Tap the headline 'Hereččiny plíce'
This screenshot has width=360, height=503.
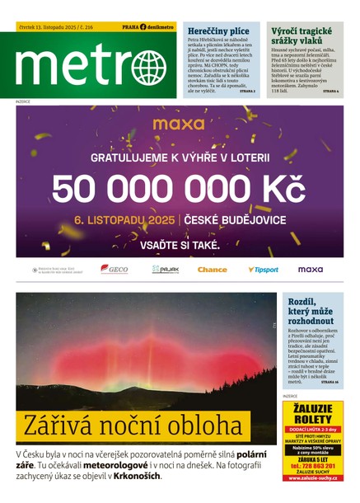[x=215, y=30]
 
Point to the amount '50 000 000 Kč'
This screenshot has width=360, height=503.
[x=178, y=189]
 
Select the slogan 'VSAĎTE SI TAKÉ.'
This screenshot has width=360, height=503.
[x=178, y=246]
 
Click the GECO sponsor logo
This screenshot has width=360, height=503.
[x=114, y=270]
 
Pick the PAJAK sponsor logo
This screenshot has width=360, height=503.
[x=165, y=270]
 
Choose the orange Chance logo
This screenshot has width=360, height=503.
[x=213, y=270]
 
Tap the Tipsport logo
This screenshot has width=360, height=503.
[x=263, y=270]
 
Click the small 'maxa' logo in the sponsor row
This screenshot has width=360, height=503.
[x=311, y=270]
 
